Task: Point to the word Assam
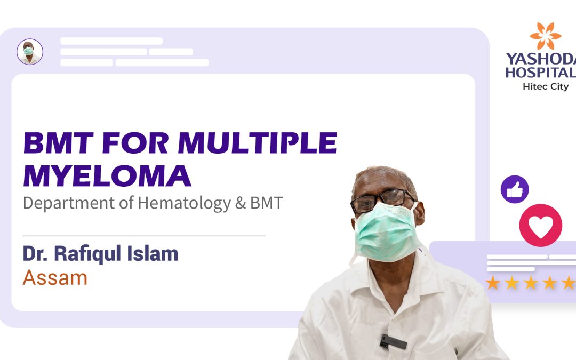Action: click(x=55, y=277)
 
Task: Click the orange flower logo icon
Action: click(x=545, y=36)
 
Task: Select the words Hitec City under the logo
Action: click(x=545, y=86)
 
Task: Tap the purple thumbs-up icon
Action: click(x=515, y=189)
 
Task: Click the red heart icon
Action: click(x=540, y=225)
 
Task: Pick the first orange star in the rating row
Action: click(x=493, y=283)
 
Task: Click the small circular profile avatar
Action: click(x=30, y=52)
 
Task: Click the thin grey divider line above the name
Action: click(x=144, y=235)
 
